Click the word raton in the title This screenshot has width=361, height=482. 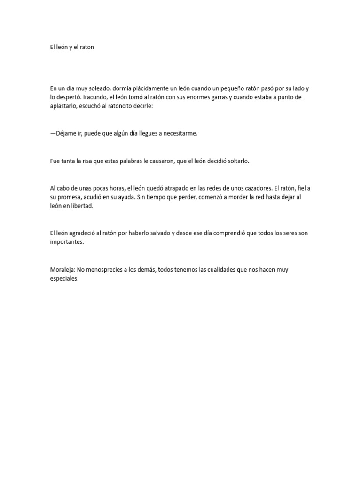(x=86, y=48)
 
